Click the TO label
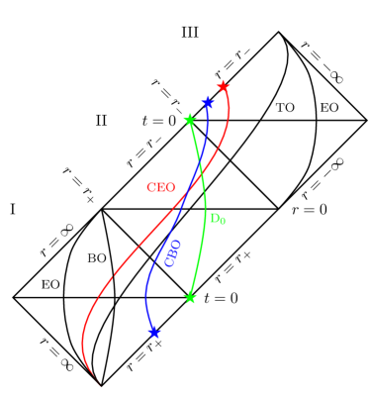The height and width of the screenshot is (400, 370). [285, 107]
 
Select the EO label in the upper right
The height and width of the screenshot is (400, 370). [328, 107]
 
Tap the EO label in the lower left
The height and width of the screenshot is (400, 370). [50, 284]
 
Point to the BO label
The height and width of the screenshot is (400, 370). [97, 258]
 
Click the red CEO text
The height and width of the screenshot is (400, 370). [162, 187]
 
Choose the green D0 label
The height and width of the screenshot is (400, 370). [218, 219]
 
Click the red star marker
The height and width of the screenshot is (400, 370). [223, 86]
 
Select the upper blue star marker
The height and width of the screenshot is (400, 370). [207, 102]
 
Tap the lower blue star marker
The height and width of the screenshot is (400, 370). [154, 333]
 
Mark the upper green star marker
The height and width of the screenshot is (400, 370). [189, 120]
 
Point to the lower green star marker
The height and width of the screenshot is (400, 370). [190, 297]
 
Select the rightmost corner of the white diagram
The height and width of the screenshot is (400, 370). [365, 120]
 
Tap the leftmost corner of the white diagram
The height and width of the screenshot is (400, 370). [15, 296]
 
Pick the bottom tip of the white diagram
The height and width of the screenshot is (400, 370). [102, 384]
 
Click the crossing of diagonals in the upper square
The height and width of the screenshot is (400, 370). [233, 164]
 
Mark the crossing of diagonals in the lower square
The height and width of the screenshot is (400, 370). [146, 252]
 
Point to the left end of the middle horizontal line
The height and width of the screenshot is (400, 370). [102, 209]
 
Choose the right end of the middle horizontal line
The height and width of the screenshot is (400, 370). [278, 209]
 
